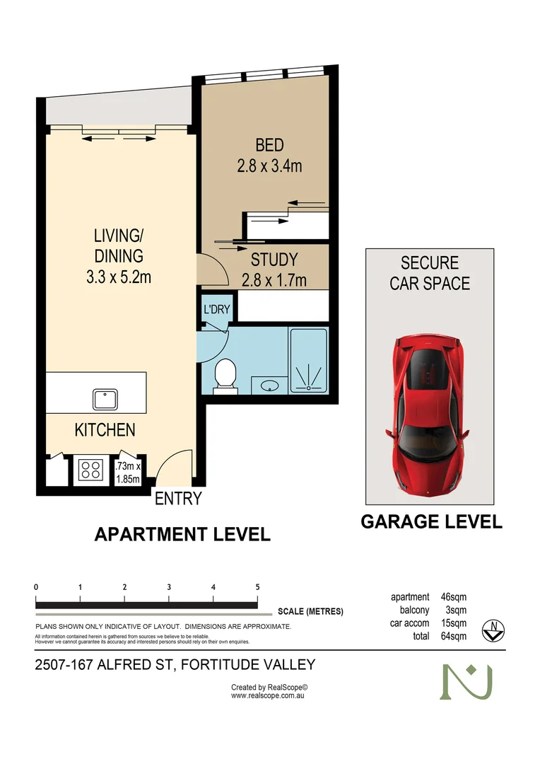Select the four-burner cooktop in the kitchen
[90, 470]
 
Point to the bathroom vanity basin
[269, 386]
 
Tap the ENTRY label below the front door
[178, 499]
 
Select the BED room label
[269, 146]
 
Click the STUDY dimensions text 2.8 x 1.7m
[274, 280]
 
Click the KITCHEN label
[105, 429]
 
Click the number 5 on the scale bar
[257, 587]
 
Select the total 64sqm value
[452, 636]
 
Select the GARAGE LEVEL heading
[431, 522]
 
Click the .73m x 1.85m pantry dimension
[128, 473]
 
